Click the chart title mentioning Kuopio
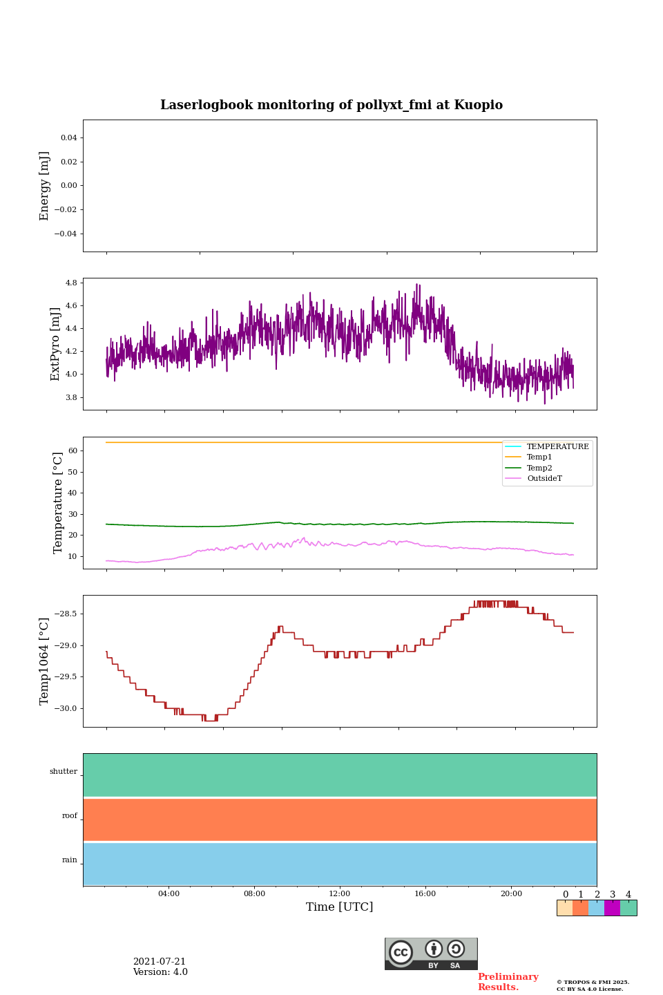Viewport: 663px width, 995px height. pos(331,105)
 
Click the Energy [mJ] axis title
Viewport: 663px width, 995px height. pos(45,186)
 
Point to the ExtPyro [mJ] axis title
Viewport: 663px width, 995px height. pos(55,344)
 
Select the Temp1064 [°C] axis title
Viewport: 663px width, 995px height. pos(45,661)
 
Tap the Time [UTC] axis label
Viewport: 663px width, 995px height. pos(339,907)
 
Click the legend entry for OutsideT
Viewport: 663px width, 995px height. pos(544,478)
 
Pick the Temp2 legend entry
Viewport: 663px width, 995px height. pos(539,468)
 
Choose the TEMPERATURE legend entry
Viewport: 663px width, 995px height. pos(557,446)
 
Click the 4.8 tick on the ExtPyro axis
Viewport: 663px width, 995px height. pos(71,283)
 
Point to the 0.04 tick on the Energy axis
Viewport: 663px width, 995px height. pos(68,138)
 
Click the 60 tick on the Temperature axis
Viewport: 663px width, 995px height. pos(72,451)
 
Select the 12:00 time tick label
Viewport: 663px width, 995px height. pos(339,894)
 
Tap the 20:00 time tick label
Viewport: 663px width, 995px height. pos(511,894)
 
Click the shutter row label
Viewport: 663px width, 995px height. pos(64,772)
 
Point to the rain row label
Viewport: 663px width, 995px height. pos(70,860)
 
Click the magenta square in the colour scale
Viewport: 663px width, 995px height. pos(612,908)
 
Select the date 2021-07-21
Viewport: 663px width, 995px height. pos(159,962)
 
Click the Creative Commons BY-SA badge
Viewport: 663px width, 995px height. pos(431,954)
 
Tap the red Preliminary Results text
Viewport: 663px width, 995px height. pos(508,982)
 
